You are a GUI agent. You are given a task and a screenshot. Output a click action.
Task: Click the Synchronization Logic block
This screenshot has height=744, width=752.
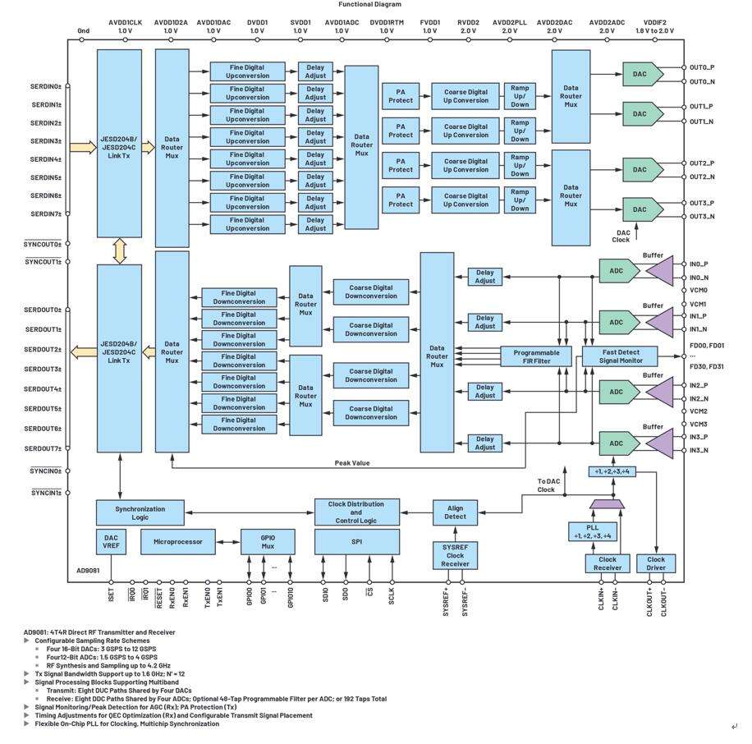(140, 513)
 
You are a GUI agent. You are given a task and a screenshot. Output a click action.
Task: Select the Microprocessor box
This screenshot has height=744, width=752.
(177, 542)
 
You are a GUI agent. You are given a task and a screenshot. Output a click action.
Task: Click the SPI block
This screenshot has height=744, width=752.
(357, 542)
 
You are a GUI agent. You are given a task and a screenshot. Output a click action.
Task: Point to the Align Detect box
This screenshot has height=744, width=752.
(455, 512)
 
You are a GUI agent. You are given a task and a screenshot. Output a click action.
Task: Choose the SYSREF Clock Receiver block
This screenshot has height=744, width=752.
(455, 556)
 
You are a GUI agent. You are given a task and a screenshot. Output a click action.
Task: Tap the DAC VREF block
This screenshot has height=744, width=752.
(111, 542)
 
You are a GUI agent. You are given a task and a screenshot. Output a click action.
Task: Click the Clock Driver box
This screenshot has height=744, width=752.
(656, 563)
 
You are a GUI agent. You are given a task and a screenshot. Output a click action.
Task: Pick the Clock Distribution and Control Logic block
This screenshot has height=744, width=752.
(357, 513)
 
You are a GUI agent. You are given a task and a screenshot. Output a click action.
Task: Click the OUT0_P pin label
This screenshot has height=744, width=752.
(701, 67)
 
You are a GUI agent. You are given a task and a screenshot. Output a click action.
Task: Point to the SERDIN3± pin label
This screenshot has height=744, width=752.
(46, 141)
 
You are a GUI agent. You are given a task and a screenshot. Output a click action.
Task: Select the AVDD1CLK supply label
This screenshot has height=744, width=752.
(125, 23)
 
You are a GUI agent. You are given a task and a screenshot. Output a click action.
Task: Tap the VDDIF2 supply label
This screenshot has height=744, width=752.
(654, 23)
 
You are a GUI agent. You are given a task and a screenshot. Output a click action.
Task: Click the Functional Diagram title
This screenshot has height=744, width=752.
(369, 4)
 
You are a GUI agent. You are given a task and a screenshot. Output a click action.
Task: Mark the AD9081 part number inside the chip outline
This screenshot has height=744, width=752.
(88, 570)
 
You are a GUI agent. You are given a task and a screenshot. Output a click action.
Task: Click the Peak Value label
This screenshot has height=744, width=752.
(352, 463)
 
